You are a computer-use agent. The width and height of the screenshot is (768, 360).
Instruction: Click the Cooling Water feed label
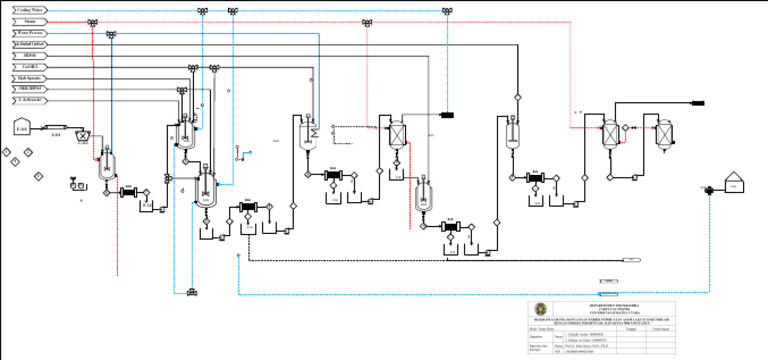(29, 9)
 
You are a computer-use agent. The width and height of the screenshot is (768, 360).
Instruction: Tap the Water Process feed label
(30, 33)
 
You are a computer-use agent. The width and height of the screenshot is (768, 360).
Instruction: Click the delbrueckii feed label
(29, 100)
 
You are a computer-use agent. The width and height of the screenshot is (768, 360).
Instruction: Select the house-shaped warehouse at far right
(735, 183)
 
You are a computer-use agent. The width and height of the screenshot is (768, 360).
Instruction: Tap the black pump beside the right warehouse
(709, 189)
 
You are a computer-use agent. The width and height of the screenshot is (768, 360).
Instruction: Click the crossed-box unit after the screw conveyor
(83, 133)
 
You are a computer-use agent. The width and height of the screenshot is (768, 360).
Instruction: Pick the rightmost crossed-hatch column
(607, 133)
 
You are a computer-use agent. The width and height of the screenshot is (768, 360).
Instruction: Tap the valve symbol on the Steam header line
(93, 21)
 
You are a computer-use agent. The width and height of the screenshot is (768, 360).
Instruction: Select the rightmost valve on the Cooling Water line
(447, 10)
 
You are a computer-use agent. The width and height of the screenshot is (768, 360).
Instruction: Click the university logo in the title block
(541, 309)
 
